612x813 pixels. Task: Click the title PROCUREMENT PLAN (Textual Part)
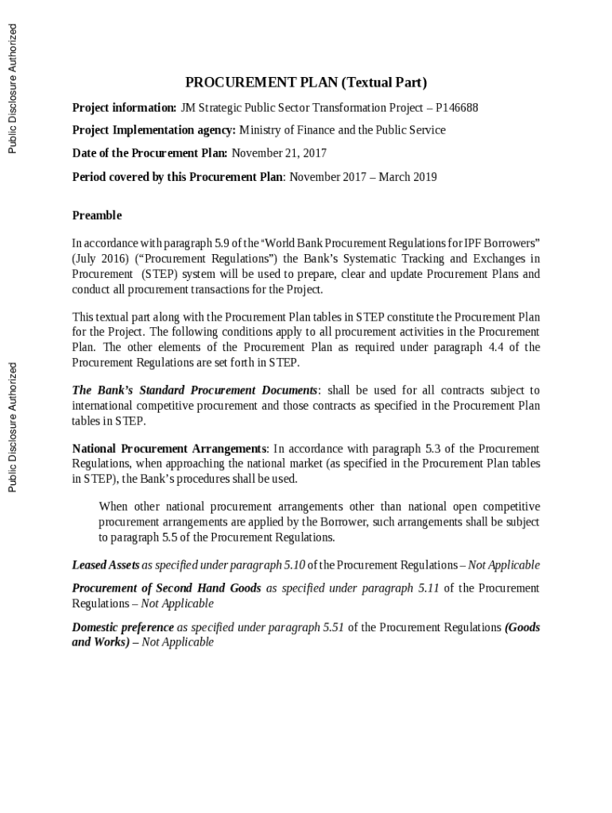pyautogui.click(x=306, y=83)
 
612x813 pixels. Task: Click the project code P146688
pyautogui.click(x=457, y=108)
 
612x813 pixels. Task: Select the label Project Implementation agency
pyautogui.click(x=153, y=130)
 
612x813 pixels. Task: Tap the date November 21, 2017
pyautogui.click(x=278, y=153)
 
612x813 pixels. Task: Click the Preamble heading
pyautogui.click(x=97, y=215)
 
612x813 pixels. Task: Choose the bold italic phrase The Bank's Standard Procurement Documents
pyautogui.click(x=195, y=391)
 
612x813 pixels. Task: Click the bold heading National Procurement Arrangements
pyautogui.click(x=169, y=449)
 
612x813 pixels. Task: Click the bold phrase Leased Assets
pyautogui.click(x=106, y=565)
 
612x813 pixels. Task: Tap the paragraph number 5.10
pyautogui.click(x=294, y=565)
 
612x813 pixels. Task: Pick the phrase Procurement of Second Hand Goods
pyautogui.click(x=167, y=588)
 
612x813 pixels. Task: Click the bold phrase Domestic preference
pyautogui.click(x=123, y=627)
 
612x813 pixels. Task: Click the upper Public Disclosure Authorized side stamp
pyautogui.click(x=13, y=88)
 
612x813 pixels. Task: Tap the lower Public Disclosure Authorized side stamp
pyautogui.click(x=13, y=427)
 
